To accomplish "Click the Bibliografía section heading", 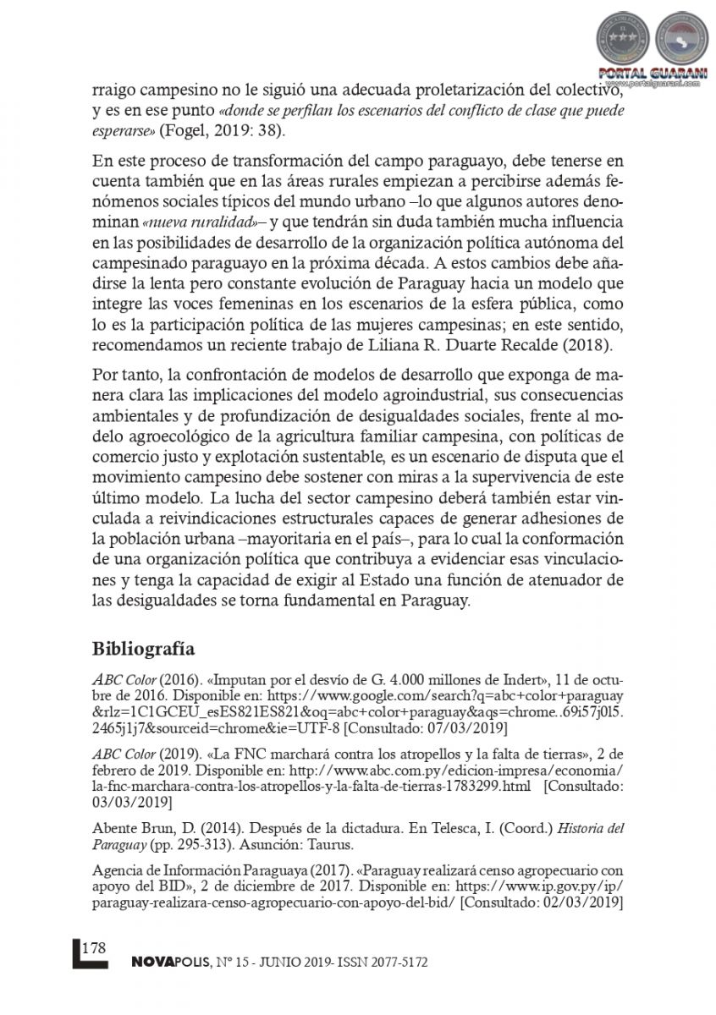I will pos(144,649).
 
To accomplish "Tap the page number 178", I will pos(94,947).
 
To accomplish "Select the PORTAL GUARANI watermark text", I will pos(653,74).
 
